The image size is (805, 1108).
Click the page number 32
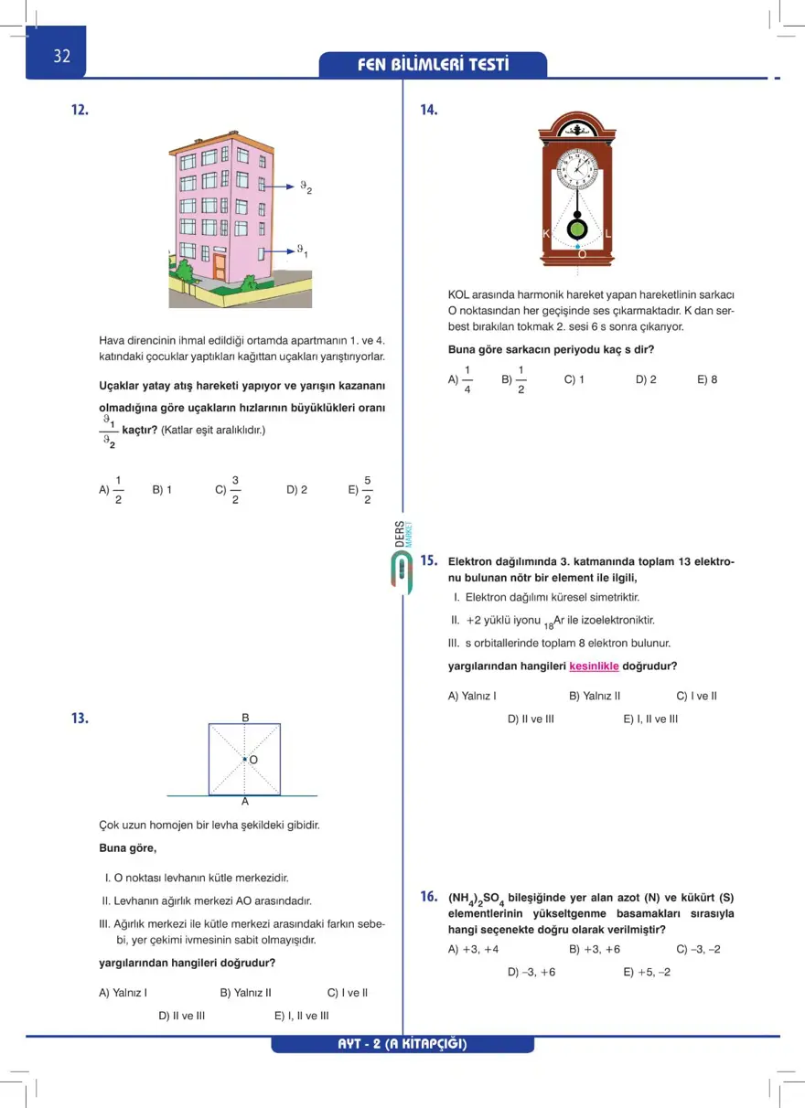point(61,56)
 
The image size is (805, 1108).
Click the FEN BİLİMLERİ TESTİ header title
point(434,65)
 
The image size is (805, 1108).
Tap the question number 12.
point(80,110)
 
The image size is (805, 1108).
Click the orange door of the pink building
point(220,267)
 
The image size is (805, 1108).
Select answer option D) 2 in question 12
point(296,490)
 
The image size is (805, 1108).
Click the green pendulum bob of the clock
point(578,228)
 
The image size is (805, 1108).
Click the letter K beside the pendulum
point(546,234)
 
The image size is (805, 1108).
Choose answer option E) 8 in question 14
point(707,379)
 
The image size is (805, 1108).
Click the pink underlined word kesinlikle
point(594,666)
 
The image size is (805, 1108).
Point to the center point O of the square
point(245,759)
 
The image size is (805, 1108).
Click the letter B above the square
point(245,719)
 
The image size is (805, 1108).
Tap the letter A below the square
point(245,802)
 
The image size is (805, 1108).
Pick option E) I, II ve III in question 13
point(301,1015)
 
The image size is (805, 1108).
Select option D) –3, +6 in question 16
point(531,972)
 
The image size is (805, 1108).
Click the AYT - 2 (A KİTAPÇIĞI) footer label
point(402,1044)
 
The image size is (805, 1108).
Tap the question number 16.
point(429,896)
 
